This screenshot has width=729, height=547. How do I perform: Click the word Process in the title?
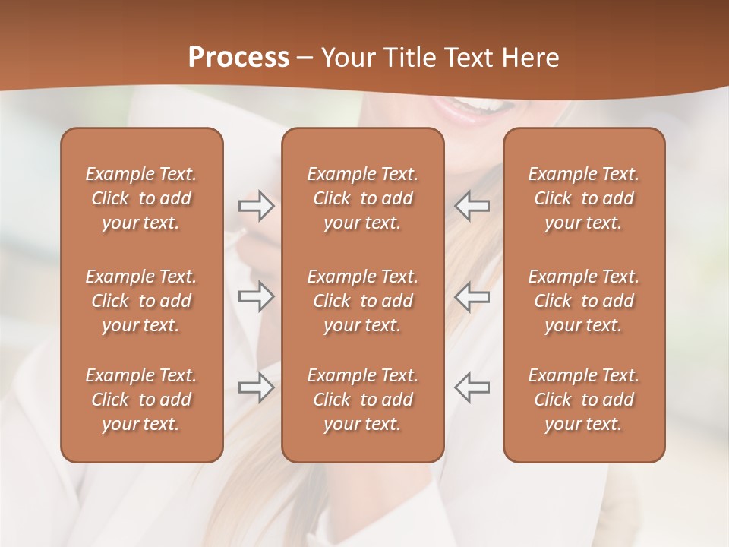point(238,58)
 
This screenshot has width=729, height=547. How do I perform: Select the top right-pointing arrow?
point(257,206)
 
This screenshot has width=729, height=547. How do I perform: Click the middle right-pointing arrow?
point(257,296)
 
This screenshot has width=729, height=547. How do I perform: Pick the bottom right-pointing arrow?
point(257,387)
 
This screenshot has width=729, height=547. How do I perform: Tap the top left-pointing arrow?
point(472,206)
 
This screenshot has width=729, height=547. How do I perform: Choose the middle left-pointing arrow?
point(472,296)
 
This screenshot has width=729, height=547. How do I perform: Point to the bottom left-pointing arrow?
point(472,387)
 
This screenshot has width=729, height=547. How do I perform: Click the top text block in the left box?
point(141,198)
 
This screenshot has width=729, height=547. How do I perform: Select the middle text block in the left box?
point(141,301)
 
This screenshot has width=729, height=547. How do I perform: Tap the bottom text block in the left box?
point(141,400)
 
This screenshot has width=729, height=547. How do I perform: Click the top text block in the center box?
point(362,198)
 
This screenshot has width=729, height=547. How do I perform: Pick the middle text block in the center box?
point(362,301)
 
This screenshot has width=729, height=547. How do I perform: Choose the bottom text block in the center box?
point(362,400)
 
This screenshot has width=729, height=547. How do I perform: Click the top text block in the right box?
point(583,198)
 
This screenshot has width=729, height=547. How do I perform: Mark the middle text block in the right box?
point(583,301)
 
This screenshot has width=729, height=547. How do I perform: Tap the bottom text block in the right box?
point(583,400)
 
